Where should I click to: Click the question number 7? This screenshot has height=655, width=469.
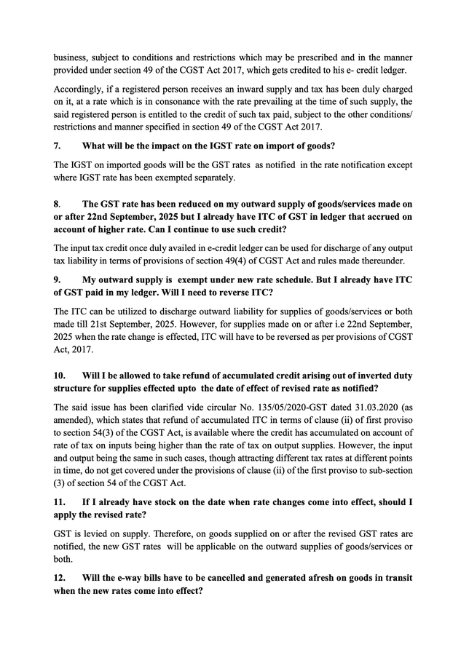(x=57, y=145)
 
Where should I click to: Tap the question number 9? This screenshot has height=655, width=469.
(x=57, y=279)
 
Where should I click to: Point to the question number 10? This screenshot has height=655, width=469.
(x=59, y=376)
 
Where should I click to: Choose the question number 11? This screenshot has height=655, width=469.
(x=59, y=501)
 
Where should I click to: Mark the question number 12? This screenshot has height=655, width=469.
(x=59, y=577)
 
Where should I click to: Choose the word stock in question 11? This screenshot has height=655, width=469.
(x=162, y=501)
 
